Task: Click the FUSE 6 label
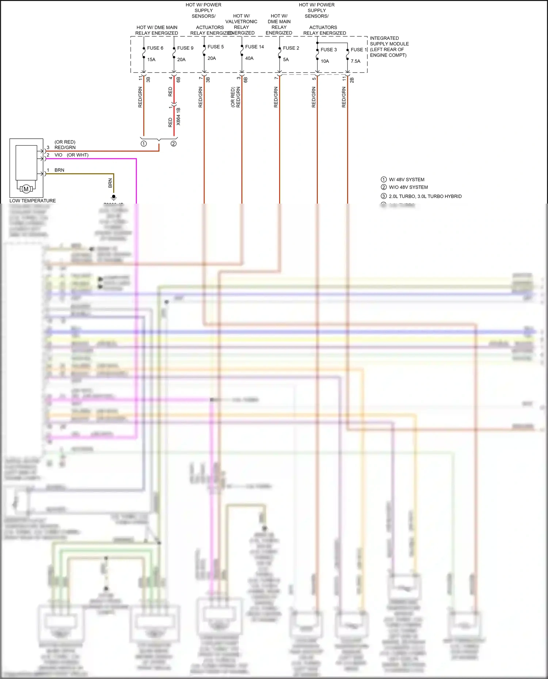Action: pyautogui.click(x=155, y=48)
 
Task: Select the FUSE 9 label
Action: pyautogui.click(x=185, y=48)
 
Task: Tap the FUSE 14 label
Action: pyautogui.click(x=254, y=47)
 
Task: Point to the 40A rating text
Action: pyautogui.click(x=249, y=58)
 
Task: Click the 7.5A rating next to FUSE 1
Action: pyautogui.click(x=355, y=61)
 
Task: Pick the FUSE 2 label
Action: pyautogui.click(x=291, y=48)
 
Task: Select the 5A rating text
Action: pyautogui.click(x=286, y=59)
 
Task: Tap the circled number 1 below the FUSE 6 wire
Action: pyautogui.click(x=144, y=144)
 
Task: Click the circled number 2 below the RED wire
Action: pyautogui.click(x=174, y=144)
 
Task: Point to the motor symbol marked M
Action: pyautogui.click(x=26, y=189)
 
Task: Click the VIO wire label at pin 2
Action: pyautogui.click(x=58, y=155)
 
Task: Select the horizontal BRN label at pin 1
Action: pyautogui.click(x=59, y=170)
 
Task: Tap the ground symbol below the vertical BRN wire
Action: pyautogui.click(x=114, y=197)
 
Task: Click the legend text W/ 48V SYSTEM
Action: pyautogui.click(x=406, y=180)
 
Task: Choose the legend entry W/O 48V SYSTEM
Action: pyautogui.click(x=408, y=187)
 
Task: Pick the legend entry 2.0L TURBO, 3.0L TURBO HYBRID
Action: pyautogui.click(x=425, y=196)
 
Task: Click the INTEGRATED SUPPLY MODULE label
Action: pyautogui.click(x=389, y=46)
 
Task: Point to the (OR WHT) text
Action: pyautogui.click(x=77, y=155)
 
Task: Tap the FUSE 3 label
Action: pyautogui.click(x=328, y=50)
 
